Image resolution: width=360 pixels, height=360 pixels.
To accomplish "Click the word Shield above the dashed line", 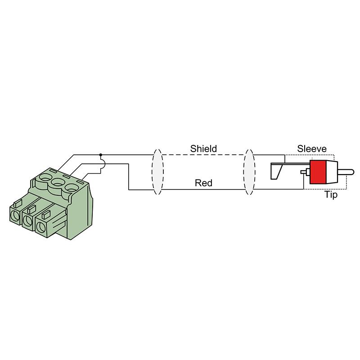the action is pos(203,149).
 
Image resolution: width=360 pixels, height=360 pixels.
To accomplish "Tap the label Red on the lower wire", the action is pos(203,183).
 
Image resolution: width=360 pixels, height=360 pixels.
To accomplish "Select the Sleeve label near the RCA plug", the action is pos(312,149).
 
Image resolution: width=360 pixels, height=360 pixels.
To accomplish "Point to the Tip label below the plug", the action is pos(331,195).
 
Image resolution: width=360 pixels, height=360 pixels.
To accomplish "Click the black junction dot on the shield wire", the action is pos(100,155).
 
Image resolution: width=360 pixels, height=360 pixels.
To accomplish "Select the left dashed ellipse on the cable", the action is pos(157,172).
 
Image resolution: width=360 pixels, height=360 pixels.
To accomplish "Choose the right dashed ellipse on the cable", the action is pos(249,172).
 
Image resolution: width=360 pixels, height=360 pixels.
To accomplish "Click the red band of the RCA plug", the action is pos(318,172).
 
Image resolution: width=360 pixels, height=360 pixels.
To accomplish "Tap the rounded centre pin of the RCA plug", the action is pos(346,172).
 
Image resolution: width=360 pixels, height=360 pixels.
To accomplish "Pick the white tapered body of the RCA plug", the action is pos(332,172).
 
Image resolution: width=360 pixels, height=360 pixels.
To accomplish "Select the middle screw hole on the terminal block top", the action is pos(58,183).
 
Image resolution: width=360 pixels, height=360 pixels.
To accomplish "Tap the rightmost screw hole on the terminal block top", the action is pos(72,188).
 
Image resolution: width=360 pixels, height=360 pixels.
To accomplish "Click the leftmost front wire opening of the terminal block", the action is pos(15,216).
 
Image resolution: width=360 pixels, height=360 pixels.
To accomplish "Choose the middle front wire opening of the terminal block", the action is pos(28,221).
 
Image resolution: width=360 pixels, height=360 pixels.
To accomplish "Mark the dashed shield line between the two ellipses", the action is pos(203,155).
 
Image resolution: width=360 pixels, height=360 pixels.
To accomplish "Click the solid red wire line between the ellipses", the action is pos(203,189).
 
